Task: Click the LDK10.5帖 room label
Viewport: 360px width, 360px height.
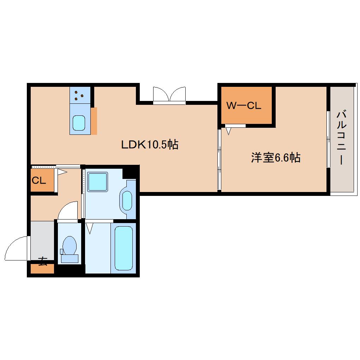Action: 150,144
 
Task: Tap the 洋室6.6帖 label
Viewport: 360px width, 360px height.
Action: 276,157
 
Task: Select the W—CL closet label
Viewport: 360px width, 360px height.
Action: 244,106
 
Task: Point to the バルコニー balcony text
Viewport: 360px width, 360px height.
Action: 341,138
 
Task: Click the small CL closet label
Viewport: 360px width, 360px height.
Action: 39,180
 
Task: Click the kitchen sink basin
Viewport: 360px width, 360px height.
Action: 79,123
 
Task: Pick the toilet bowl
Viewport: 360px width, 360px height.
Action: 70,246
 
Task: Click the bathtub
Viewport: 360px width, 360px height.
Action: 124,248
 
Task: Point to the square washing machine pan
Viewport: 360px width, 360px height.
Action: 97,182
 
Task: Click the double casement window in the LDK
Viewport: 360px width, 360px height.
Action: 169,96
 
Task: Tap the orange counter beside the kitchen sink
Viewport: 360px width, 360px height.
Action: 94,121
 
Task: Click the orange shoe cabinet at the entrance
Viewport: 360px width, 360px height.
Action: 42,269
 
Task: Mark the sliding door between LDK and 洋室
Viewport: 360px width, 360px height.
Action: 219,160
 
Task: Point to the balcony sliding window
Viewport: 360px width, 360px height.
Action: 328,139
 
